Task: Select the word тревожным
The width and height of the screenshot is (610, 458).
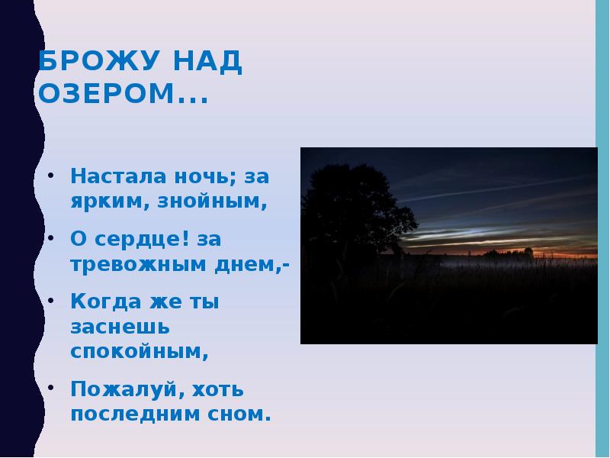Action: click(137, 266)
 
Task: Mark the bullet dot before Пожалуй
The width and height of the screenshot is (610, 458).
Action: click(51, 389)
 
